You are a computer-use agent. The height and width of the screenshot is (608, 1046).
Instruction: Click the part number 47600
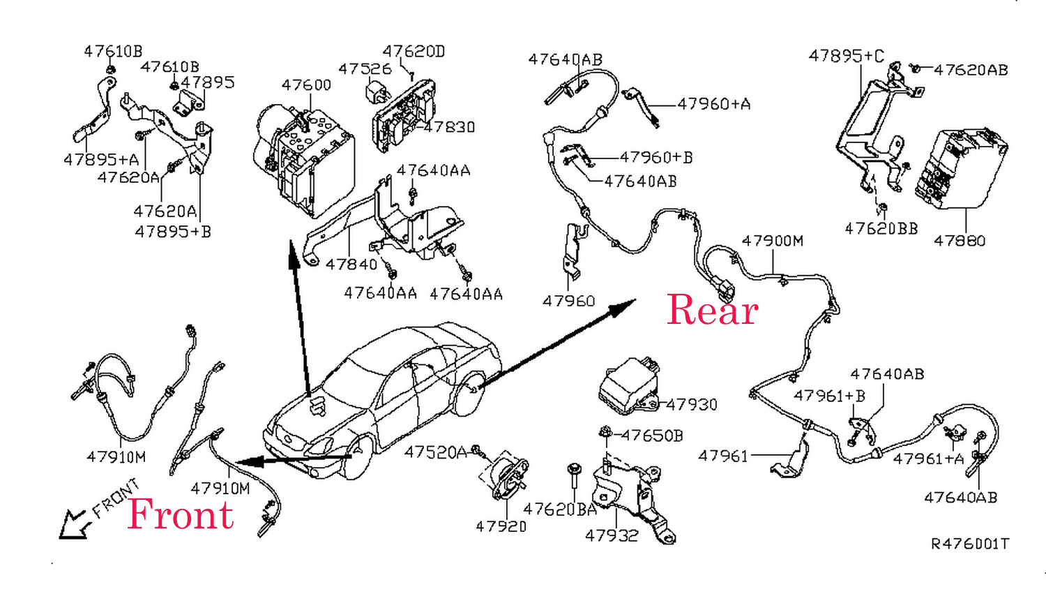coord(306,85)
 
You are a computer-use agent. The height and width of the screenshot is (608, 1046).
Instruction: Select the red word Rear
coord(712,310)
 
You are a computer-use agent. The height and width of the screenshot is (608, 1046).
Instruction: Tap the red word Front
coord(181,514)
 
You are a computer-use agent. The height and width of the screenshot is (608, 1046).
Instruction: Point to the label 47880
coord(960,241)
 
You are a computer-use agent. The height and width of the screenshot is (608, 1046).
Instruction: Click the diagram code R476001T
coord(970,544)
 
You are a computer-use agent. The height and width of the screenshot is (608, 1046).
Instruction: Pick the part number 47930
coord(692,404)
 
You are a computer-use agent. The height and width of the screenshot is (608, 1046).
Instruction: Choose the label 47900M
coord(773,241)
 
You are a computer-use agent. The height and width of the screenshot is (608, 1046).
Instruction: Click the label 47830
coord(450,127)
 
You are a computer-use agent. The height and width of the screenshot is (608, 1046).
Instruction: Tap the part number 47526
coord(365,69)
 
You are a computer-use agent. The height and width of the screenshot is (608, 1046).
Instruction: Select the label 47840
coord(351,265)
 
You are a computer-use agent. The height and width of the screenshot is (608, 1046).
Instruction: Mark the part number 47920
coord(501,526)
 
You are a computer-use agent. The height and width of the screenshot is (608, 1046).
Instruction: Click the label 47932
coord(612,535)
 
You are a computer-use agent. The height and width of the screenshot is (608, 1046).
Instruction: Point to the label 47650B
coord(652,436)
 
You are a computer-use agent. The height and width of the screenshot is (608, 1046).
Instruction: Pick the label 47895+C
coord(846,56)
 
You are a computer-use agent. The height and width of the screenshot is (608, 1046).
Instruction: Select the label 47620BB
coord(881,229)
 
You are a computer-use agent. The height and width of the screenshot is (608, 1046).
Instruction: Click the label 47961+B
coord(829,396)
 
